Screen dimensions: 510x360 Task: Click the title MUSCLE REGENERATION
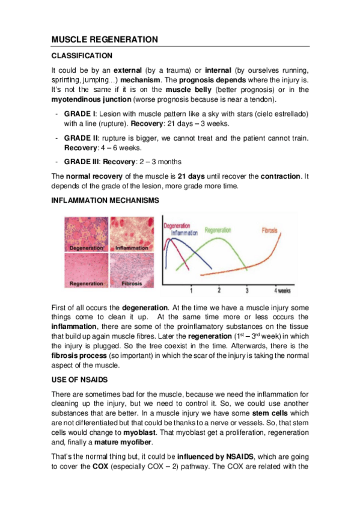pyautogui.click(x=105, y=40)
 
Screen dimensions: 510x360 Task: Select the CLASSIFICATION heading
pyautogui.click(x=82, y=56)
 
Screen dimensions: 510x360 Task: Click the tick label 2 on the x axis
pyautogui.click(x=219, y=290)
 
